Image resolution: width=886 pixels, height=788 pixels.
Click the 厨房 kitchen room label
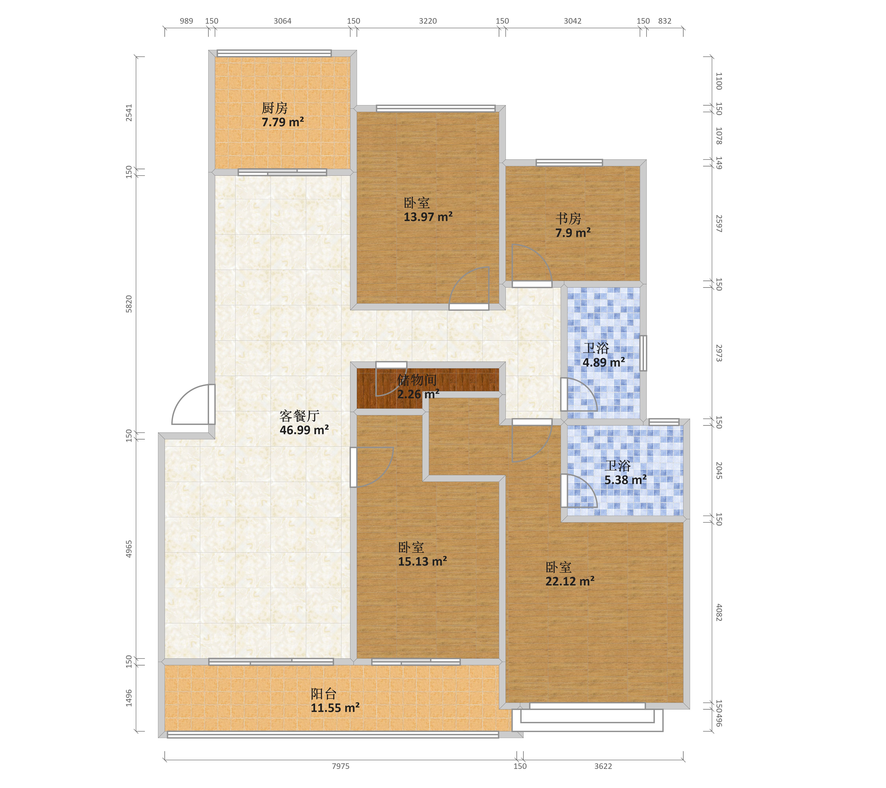pyautogui.click(x=274, y=108)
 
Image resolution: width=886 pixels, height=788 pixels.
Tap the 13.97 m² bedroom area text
pyautogui.click(x=428, y=217)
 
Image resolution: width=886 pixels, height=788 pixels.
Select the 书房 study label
pyautogui.click(x=568, y=219)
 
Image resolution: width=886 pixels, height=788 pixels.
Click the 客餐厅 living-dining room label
pyautogui.click(x=299, y=416)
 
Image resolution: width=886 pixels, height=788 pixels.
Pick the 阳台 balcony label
pyautogui.click(x=323, y=694)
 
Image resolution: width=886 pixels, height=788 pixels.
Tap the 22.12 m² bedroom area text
pyautogui.click(x=570, y=581)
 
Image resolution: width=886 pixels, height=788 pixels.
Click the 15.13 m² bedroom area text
pyautogui.click(x=423, y=561)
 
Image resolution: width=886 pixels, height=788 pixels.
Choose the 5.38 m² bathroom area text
pyautogui.click(x=626, y=480)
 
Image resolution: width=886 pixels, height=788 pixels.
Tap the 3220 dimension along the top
pyautogui.click(x=428, y=21)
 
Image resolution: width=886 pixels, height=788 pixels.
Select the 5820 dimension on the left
pyautogui.click(x=129, y=304)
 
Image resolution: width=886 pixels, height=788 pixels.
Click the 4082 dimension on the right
pyautogui.click(x=719, y=612)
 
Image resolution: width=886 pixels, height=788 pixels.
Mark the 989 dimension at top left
pyautogui.click(x=186, y=21)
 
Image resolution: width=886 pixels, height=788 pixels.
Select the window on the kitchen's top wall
pyautogui.click(x=274, y=53)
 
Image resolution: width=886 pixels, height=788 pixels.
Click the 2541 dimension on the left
pyautogui.click(x=129, y=113)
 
